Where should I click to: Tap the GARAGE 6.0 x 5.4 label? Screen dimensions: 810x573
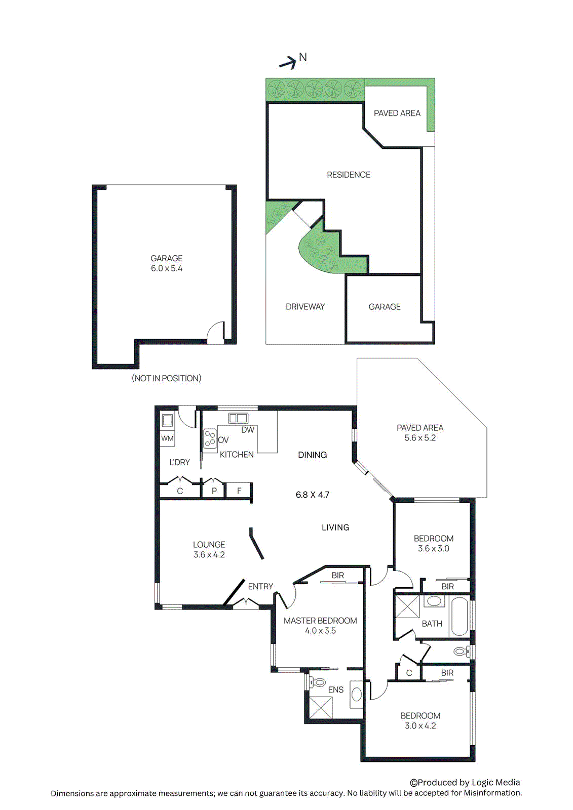(x=166, y=263)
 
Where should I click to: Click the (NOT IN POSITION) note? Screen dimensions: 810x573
(x=166, y=378)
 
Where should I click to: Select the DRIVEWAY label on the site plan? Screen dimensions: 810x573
(x=305, y=307)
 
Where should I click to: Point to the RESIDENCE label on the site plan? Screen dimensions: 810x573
(x=349, y=175)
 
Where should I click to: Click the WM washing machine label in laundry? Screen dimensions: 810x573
(x=167, y=438)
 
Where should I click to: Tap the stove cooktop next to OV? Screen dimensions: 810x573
(x=210, y=438)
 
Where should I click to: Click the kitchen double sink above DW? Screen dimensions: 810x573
(x=238, y=418)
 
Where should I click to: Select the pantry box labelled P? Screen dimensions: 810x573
(x=214, y=491)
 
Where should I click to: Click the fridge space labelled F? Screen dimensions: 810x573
(x=239, y=491)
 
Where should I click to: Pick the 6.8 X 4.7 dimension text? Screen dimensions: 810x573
(x=313, y=495)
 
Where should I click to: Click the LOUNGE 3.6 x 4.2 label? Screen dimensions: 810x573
(x=209, y=549)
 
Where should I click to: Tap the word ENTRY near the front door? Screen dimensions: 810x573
(x=260, y=586)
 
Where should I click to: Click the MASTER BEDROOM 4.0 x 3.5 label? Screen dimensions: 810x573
(x=320, y=625)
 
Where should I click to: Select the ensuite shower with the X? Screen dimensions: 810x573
(x=321, y=707)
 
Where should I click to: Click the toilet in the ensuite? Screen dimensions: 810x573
(x=318, y=682)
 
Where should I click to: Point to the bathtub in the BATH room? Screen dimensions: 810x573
(x=460, y=616)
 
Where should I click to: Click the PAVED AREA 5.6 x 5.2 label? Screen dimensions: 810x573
(x=420, y=433)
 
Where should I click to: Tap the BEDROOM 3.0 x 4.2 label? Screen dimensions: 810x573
(x=420, y=720)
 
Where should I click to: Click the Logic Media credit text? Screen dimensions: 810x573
(x=465, y=782)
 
